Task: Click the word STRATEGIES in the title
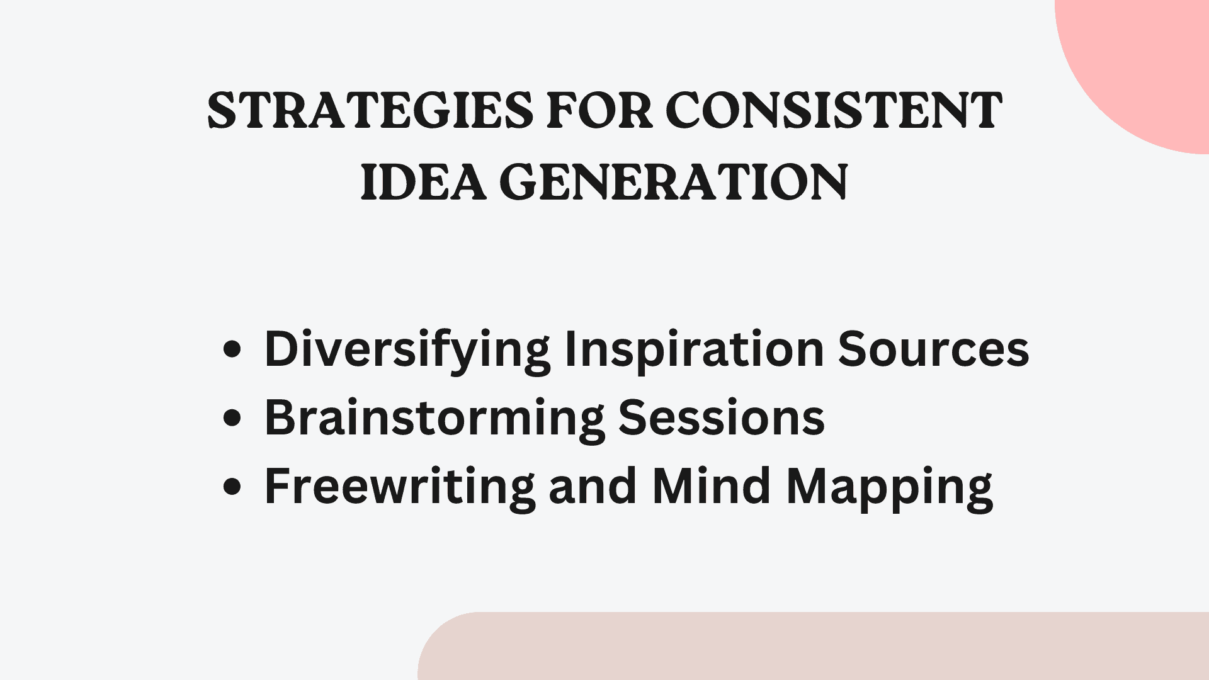click(370, 111)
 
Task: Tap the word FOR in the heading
click(599, 111)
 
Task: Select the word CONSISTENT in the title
click(834, 111)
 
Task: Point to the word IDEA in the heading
click(423, 183)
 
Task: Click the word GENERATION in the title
click(674, 183)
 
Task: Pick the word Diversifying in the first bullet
click(407, 350)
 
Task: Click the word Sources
click(933, 350)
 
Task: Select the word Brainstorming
click(434, 419)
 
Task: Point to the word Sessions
click(722, 417)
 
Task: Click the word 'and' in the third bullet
click(593, 487)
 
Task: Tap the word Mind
click(712, 487)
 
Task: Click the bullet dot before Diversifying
click(232, 349)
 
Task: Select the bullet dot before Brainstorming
click(232, 418)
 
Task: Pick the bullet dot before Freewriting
click(232, 487)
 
